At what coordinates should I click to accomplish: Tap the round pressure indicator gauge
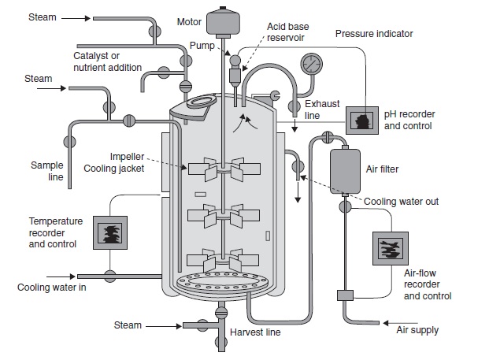(312, 62)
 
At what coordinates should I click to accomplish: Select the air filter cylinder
(345, 171)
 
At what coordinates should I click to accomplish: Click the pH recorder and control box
(363, 121)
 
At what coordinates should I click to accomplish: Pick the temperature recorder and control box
(110, 232)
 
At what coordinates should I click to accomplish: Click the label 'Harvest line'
(255, 332)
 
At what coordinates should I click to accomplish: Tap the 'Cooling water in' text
(52, 287)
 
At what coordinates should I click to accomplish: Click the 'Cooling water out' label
(401, 202)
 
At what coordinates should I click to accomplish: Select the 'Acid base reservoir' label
(288, 32)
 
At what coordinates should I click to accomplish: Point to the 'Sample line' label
(46, 171)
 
